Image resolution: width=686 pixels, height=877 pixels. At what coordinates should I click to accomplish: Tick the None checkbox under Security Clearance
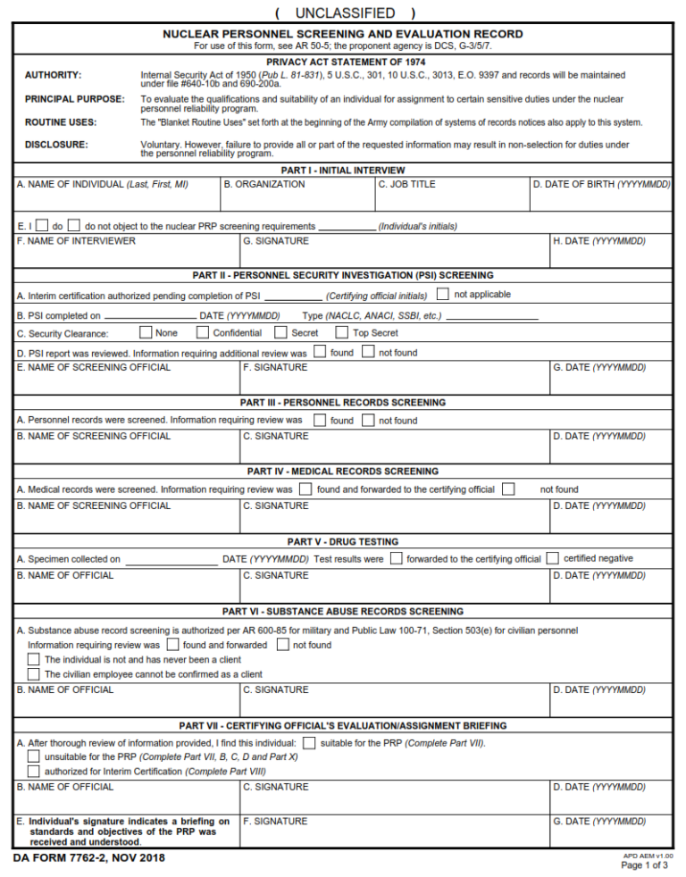pos(146,333)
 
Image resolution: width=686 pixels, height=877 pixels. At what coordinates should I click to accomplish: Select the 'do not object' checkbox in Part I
pos(74,227)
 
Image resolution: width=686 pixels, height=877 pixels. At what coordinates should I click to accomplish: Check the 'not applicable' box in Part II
pos(443,295)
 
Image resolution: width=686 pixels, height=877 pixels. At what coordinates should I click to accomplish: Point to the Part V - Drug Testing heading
pos(343,542)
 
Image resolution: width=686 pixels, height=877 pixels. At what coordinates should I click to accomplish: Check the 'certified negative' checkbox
pos(552,558)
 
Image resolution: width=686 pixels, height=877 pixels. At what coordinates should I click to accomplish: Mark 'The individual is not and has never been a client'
pos(34,659)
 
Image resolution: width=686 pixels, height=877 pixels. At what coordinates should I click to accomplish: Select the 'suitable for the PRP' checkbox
pos(309,743)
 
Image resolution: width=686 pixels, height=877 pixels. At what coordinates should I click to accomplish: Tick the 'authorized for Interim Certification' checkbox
pos(34,771)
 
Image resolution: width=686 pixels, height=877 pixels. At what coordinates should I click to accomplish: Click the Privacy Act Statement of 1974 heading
pos(343,62)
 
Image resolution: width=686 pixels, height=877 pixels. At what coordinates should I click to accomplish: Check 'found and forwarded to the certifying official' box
pos(305,489)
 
